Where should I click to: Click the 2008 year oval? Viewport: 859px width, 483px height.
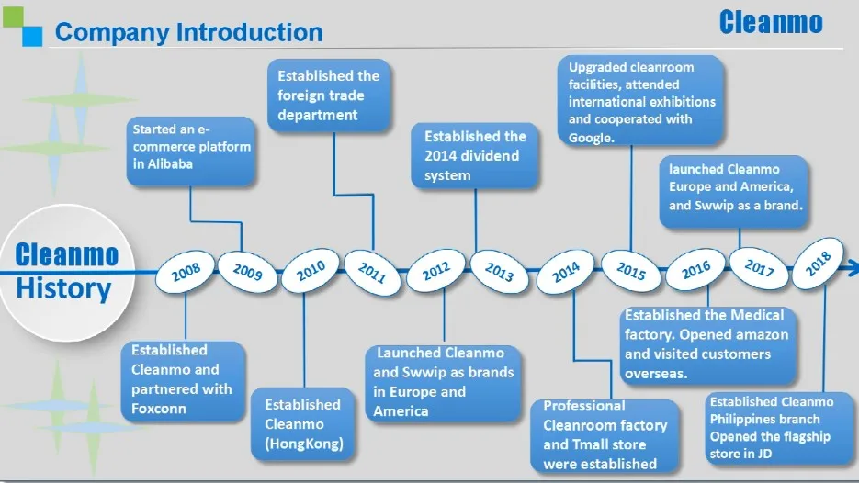pyautogui.click(x=186, y=274)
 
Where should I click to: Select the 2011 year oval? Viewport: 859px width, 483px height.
pyautogui.click(x=372, y=273)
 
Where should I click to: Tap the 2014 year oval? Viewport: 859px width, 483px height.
pyautogui.click(x=565, y=273)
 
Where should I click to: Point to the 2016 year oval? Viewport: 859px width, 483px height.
pyautogui.click(x=696, y=270)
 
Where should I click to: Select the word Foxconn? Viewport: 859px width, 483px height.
pyautogui.click(x=159, y=408)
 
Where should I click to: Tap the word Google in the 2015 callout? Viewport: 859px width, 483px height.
pyautogui.click(x=591, y=138)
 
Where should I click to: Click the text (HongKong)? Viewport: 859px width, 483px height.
pyautogui.click(x=304, y=444)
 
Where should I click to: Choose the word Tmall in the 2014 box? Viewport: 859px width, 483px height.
pyautogui.click(x=601, y=444)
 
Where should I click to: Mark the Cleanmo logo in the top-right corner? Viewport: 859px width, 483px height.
pyautogui.click(x=771, y=23)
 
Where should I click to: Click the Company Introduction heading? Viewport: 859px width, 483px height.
pyautogui.click(x=188, y=33)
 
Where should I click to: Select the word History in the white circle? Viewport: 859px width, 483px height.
pyautogui.click(x=64, y=289)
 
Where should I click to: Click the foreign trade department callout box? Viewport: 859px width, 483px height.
pyautogui.click(x=329, y=95)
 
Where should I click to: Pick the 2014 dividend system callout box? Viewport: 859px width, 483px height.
pyautogui.click(x=475, y=156)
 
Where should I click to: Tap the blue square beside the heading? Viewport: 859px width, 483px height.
pyautogui.click(x=32, y=35)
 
